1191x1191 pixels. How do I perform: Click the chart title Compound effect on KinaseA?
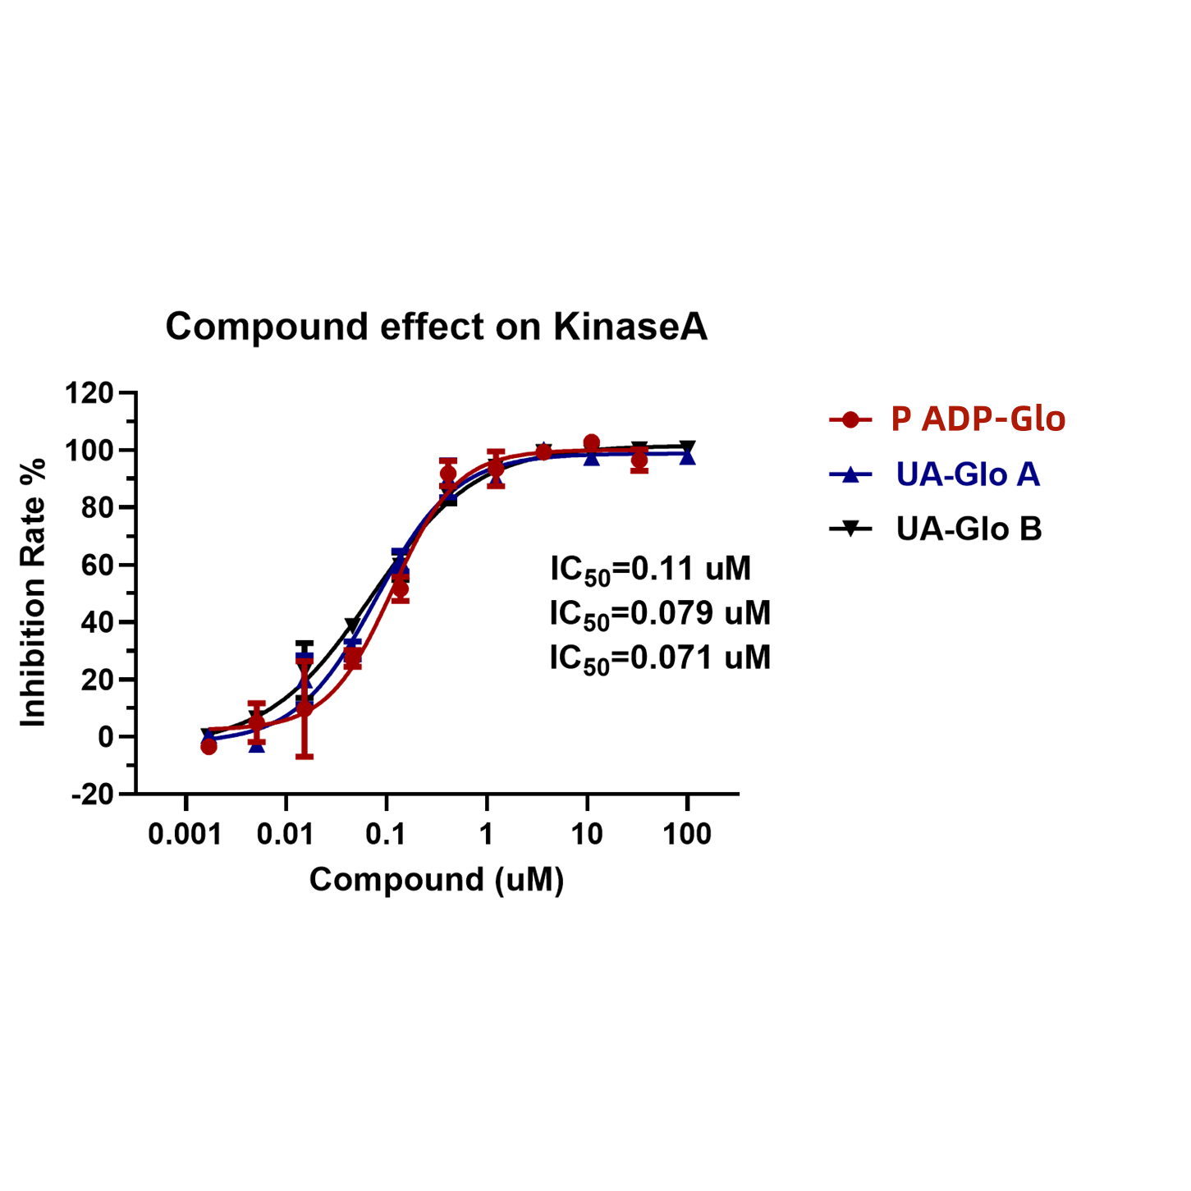436,327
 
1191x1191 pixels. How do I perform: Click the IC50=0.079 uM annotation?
660,614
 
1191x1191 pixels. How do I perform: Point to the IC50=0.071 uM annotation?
660,658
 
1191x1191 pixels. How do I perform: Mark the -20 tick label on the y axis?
92,795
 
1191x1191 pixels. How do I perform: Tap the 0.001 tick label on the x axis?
185,835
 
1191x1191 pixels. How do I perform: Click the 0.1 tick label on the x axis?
386,835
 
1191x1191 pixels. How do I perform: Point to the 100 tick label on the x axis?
686,835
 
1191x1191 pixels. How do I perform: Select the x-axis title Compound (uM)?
437,880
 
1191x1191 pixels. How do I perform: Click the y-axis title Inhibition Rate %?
34,593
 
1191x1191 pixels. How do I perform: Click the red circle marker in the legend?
850,419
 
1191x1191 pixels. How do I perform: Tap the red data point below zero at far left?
208,746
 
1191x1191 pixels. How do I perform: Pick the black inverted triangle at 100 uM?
688,447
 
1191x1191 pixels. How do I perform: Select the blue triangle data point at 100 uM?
688,456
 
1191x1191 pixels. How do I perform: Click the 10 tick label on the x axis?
586,835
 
